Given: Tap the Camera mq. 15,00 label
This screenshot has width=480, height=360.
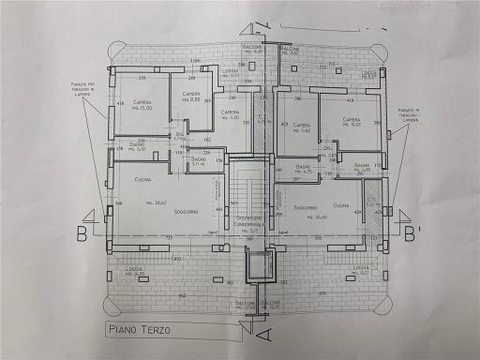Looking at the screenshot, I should coord(142,104).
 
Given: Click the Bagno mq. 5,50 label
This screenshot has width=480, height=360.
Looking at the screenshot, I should coord(137,147).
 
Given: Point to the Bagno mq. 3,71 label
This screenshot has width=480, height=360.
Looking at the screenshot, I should coord(200,162).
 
